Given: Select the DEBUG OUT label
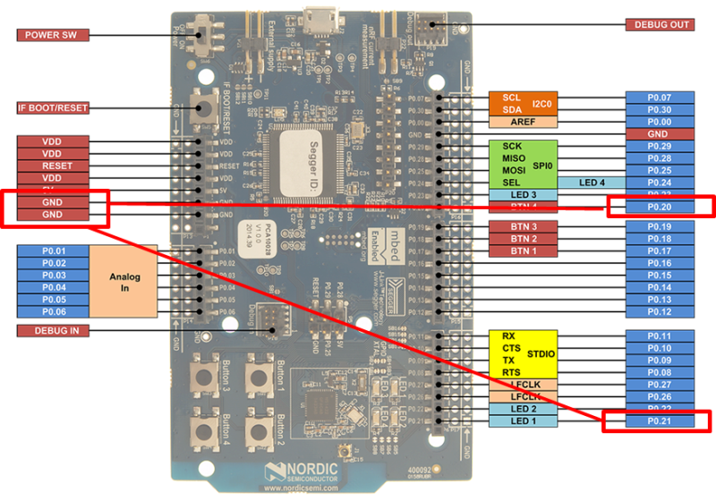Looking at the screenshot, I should (661, 25).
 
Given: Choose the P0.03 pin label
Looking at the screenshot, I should (53, 276).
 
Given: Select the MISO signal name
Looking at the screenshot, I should (513, 158).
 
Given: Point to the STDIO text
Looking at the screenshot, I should (541, 354).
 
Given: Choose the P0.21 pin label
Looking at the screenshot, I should (660, 420).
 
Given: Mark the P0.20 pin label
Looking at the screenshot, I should (660, 208).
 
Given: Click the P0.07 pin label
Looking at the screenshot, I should (660, 97).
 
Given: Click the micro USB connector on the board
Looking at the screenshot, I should (319, 18).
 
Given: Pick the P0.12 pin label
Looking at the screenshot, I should (660, 311).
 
